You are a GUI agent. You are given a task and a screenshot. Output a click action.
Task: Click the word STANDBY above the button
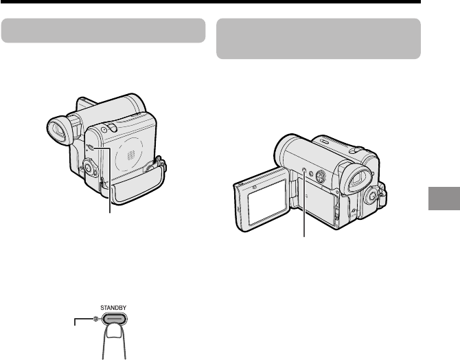(113, 308)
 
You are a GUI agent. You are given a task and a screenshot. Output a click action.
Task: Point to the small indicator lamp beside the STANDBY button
(95, 319)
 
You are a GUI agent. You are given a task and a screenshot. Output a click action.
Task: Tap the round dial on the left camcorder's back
(89, 168)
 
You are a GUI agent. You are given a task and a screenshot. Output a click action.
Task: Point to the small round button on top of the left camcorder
(104, 129)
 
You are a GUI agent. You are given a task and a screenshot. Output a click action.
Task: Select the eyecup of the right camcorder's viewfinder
(359, 179)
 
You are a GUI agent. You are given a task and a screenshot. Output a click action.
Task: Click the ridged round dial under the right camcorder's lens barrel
(321, 176)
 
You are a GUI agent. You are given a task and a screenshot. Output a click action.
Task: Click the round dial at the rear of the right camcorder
(371, 196)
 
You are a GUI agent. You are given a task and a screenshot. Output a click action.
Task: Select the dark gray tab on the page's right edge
(444, 198)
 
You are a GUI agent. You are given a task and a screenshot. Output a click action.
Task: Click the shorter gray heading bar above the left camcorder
(103, 30)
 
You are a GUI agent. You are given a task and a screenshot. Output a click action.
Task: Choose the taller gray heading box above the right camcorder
(319, 38)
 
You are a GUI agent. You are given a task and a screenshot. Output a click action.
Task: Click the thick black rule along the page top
(211, 2)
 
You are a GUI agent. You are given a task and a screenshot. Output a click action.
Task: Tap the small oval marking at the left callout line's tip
(91, 148)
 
